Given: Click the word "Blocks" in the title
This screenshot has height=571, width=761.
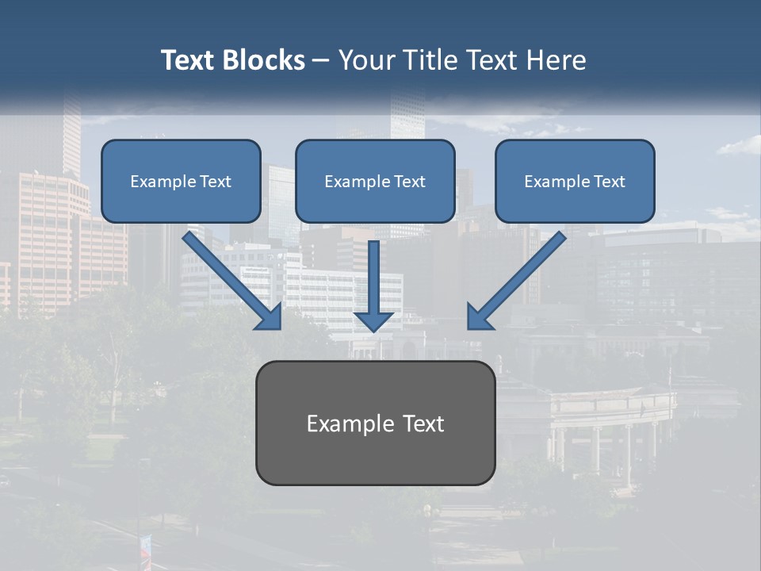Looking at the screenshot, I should click(x=262, y=60).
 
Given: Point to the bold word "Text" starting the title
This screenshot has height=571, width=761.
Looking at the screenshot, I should click(x=188, y=60).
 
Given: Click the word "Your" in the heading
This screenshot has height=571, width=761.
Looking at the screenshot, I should click(x=365, y=60).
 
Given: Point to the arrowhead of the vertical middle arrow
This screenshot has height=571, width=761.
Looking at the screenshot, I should click(x=373, y=321).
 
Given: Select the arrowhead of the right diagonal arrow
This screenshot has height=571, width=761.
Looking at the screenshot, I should click(x=478, y=317).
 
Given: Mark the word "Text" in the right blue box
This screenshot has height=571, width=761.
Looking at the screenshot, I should click(x=609, y=182).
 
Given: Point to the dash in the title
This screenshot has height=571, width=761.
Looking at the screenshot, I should click(x=321, y=60).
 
